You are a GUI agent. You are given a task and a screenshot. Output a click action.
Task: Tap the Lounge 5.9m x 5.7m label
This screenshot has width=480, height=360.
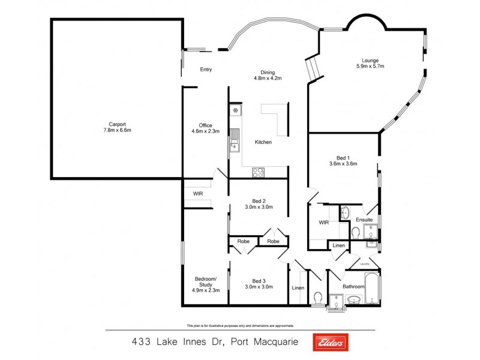click(370, 62)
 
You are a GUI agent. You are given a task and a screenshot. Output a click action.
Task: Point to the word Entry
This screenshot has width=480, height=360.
click(206, 70)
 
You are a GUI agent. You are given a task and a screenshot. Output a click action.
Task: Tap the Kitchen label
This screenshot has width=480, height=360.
click(263, 142)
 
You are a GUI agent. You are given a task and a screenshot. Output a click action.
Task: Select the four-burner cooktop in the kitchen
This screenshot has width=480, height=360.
click(259, 172)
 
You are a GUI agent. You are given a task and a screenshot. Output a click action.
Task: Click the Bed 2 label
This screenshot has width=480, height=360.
click(259, 204)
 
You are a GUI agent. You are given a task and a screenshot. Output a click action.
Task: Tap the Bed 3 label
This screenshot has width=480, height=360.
click(259, 284)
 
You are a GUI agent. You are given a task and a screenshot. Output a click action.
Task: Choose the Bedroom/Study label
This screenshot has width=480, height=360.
click(206, 284)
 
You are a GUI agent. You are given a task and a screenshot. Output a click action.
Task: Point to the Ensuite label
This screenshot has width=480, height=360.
click(364, 220)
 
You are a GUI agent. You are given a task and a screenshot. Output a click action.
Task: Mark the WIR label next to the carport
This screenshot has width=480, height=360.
click(197, 194)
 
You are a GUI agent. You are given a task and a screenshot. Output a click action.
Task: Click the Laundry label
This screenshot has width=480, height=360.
click(364, 263)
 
